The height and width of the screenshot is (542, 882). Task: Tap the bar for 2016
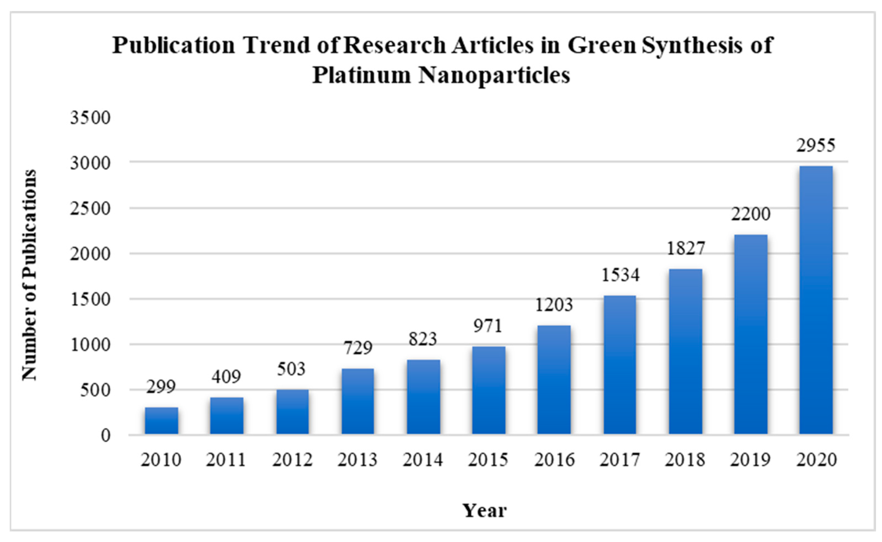coord(554,380)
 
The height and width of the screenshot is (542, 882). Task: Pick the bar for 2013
coord(357,401)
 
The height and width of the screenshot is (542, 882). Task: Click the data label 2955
coord(815,145)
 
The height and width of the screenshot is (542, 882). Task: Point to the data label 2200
coord(751,214)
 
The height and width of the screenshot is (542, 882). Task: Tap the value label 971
coord(488,326)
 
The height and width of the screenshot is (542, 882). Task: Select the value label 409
coord(226,377)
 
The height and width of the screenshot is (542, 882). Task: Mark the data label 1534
coord(620,275)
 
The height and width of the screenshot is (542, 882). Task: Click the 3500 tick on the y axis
coord(90,118)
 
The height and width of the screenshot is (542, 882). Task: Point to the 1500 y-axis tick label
coord(90,299)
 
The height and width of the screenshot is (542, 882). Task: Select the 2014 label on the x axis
coord(423,460)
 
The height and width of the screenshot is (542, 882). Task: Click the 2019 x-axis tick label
coord(750,460)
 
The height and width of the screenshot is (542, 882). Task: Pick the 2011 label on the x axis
coord(226,460)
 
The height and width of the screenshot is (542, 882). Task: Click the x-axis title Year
coord(485,510)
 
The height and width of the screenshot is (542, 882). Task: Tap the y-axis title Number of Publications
coord(29,275)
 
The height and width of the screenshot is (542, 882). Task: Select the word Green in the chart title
coord(602,46)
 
